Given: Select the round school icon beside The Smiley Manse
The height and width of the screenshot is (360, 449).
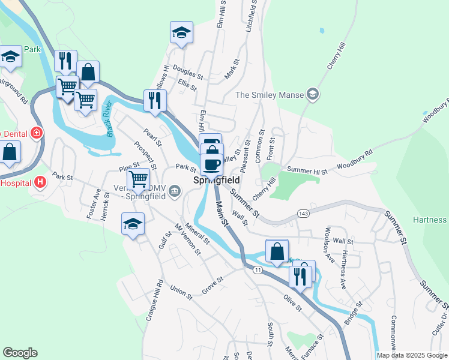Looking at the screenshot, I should click(312, 94).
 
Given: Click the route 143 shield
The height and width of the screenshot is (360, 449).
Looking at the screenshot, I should click(303, 214).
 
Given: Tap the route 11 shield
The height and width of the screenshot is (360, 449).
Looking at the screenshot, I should click(258, 270).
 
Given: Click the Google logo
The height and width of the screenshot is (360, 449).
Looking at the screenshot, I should click(20, 353).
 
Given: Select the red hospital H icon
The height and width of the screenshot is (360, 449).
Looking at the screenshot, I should click(40, 181).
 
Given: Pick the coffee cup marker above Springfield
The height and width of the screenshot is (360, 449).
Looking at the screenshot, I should click(211, 164).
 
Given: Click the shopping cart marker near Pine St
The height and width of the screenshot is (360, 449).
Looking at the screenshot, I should click(139, 179).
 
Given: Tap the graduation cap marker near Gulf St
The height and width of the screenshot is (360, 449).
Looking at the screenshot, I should click(133, 224).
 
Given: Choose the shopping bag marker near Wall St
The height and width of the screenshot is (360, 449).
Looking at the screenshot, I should click(277, 251).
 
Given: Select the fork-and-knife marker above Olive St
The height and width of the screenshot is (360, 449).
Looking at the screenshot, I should click(299, 277).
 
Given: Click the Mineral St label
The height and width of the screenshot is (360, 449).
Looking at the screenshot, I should click(197, 233).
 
